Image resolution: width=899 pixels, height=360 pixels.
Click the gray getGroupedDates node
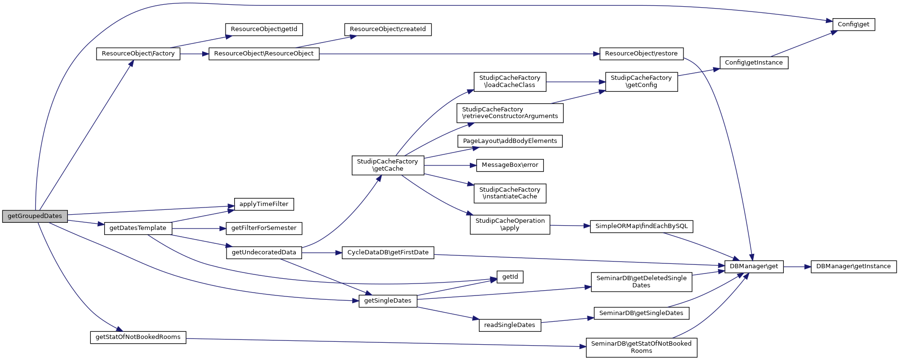pos(35,216)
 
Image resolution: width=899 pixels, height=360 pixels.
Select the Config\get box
pos(853,24)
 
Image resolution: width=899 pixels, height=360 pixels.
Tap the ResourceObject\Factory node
pos(138,54)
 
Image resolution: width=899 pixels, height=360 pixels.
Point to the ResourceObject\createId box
pos(388,29)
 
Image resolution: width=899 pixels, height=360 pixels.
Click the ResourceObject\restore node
pos(641,54)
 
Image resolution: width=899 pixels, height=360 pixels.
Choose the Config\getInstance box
pos(753,63)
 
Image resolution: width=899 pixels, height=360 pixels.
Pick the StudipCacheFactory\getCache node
pos(388,165)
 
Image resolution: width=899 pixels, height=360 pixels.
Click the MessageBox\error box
pos(509,165)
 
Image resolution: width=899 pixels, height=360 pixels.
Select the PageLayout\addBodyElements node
pos(509,141)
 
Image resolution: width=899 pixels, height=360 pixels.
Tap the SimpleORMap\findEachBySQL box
pos(641,226)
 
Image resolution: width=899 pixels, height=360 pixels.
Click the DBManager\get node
pos(753,266)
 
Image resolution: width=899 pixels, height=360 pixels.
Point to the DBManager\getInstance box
pos(853,266)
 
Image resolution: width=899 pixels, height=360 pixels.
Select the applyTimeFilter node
pos(263,204)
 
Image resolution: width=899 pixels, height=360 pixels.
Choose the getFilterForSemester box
pos(263,228)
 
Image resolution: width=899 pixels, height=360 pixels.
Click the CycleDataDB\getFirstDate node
pos(388,252)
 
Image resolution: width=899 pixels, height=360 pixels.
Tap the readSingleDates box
pos(509,325)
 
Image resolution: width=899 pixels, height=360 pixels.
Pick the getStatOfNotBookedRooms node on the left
pos(138,337)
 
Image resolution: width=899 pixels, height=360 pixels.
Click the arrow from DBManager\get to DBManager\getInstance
pos(797,266)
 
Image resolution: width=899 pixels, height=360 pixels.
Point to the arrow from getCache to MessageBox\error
pos(450,165)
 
